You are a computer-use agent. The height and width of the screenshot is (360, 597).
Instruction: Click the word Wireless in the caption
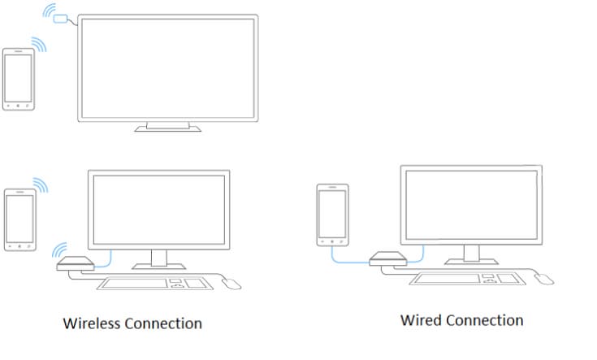click(92, 323)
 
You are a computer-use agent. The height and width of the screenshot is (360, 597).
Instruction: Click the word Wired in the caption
click(422, 320)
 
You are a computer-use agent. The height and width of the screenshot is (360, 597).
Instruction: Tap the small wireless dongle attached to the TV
click(61, 19)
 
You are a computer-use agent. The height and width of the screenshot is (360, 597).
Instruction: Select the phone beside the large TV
click(18, 80)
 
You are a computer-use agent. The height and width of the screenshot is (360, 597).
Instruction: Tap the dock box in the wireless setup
click(76, 263)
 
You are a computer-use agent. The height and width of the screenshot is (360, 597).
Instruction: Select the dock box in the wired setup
click(388, 258)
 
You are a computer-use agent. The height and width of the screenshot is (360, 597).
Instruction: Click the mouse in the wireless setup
click(231, 284)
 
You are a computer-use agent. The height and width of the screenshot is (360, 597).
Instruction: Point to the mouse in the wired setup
click(544, 280)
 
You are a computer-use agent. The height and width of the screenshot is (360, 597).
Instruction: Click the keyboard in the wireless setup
click(154, 284)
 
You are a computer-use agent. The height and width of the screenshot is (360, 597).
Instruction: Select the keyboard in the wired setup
click(467, 279)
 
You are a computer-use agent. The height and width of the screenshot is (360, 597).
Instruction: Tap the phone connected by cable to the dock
click(332, 215)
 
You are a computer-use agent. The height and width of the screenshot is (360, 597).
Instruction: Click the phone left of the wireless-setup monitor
click(20, 219)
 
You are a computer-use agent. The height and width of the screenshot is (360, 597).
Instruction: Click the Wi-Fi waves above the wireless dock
click(60, 250)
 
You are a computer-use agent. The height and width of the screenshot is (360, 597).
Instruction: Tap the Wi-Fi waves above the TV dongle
click(50, 11)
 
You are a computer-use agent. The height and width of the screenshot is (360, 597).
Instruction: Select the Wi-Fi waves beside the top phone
click(39, 44)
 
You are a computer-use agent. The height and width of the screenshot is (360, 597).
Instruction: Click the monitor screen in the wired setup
click(471, 205)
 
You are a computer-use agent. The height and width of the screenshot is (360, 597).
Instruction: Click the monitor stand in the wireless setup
click(158, 259)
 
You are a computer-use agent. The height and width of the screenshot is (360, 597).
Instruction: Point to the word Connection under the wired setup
click(485, 320)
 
